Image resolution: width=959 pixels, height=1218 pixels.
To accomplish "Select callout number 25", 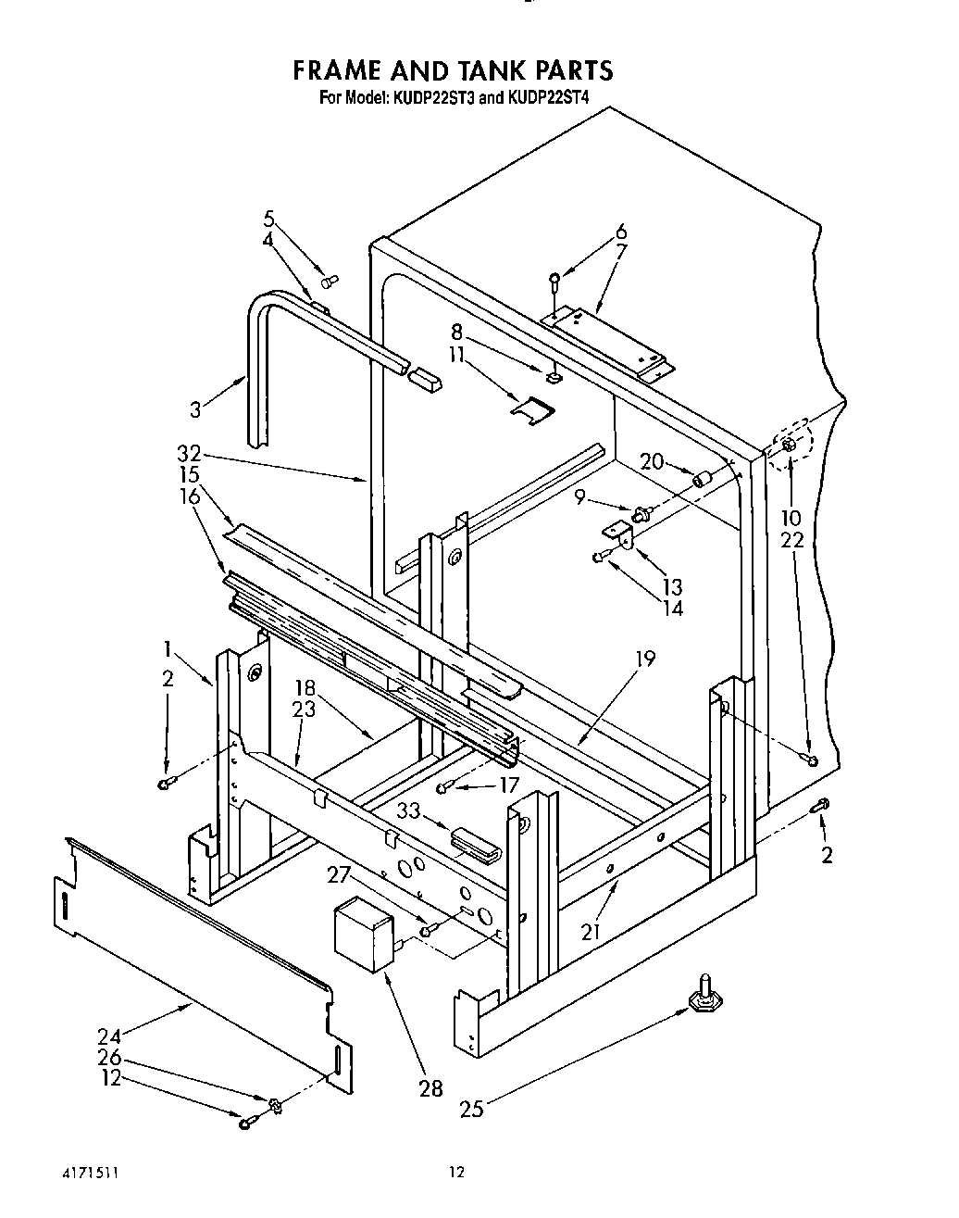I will [472, 1108].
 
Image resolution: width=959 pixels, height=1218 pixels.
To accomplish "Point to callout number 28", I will [431, 1088].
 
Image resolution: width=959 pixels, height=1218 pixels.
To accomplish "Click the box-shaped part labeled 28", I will [363, 933].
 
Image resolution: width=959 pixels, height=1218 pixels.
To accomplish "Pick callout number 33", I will [409, 811].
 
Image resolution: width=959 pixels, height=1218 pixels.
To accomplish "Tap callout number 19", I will [645, 659].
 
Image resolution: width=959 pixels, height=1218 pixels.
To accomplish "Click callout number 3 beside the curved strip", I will [195, 409].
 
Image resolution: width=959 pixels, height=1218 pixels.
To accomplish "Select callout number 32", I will [188, 453].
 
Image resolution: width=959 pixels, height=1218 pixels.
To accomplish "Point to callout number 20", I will [653, 460].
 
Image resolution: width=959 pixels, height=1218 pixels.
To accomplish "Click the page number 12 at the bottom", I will [455, 1173].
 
